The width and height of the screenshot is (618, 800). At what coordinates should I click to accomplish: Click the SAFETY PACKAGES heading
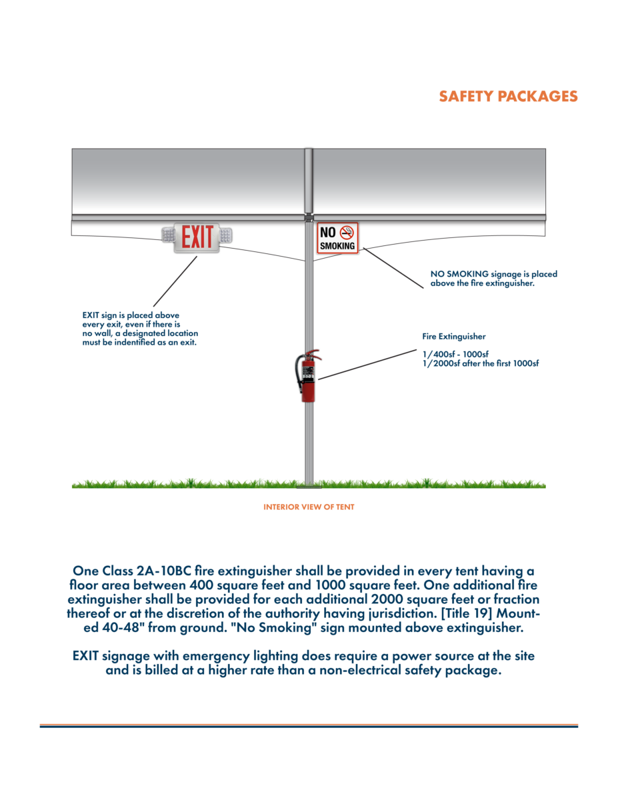(508, 96)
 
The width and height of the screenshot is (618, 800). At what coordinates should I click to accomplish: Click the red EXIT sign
(197, 238)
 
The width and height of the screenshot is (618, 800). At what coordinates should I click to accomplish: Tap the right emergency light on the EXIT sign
(227, 235)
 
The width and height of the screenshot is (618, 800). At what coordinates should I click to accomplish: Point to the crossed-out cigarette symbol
(347, 232)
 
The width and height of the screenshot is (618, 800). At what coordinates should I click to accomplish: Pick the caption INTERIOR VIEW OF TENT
(309, 507)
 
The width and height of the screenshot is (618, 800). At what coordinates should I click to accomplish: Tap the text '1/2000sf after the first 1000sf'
(480, 363)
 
